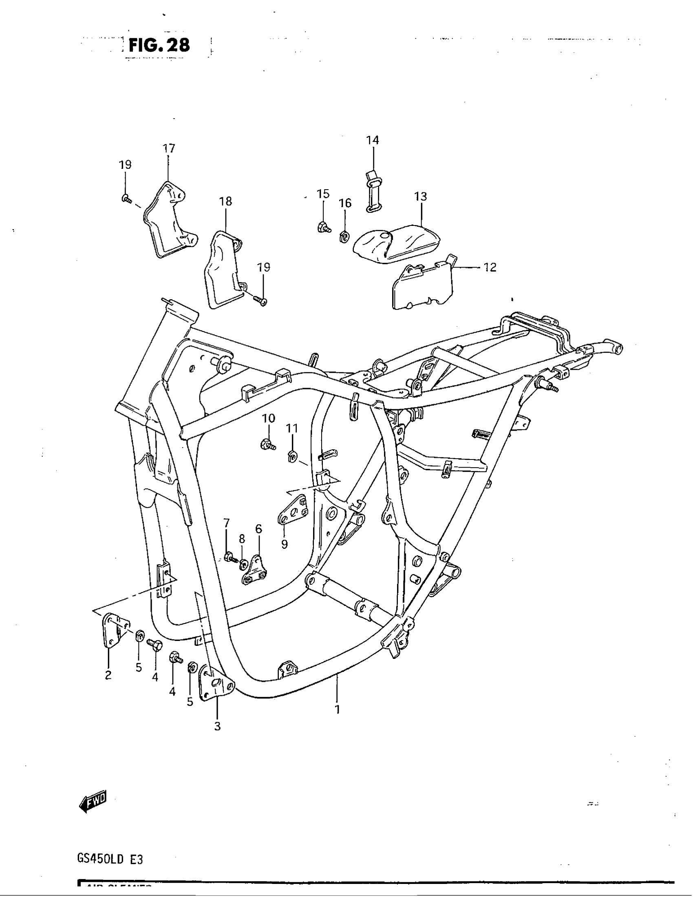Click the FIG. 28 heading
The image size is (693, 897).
(x=159, y=45)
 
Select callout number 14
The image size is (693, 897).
(x=372, y=140)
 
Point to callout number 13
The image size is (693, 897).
(x=420, y=197)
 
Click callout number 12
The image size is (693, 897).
(x=490, y=267)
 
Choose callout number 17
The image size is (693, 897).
(x=169, y=148)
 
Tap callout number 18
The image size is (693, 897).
(x=225, y=201)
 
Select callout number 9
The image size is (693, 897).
(x=285, y=544)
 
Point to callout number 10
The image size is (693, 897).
(x=269, y=418)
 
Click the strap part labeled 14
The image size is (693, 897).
(x=372, y=191)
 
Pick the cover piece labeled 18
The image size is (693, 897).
(x=222, y=269)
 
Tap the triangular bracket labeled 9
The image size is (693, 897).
(x=294, y=511)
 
